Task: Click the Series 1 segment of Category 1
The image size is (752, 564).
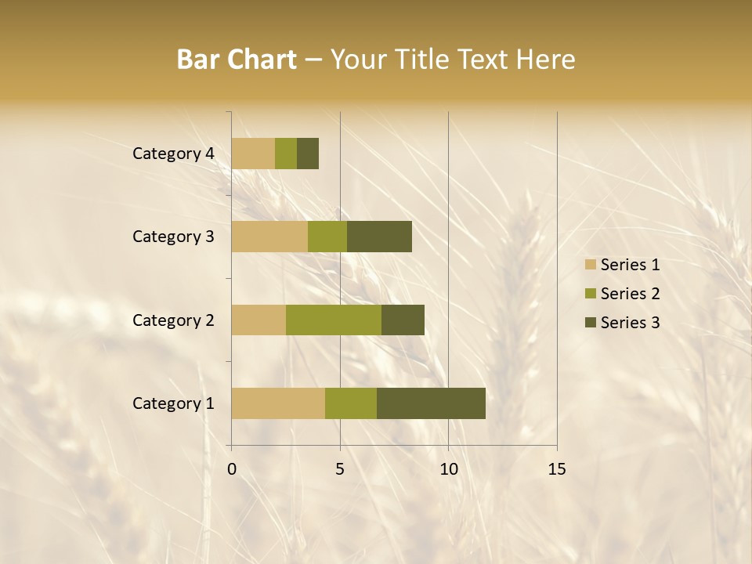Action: click(278, 403)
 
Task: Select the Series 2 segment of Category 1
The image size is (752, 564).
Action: click(351, 403)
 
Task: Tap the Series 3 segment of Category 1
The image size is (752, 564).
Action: click(431, 403)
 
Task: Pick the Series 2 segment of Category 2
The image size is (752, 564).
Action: click(334, 320)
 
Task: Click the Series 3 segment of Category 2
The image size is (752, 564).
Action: click(403, 320)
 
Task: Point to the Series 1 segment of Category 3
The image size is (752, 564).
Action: click(269, 237)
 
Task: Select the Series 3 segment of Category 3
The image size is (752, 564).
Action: click(379, 237)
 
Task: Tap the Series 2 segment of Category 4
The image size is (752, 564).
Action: click(286, 154)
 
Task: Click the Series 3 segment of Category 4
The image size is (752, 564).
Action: click(308, 154)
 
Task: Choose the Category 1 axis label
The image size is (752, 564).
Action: click(173, 403)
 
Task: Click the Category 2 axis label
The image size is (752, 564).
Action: click(173, 320)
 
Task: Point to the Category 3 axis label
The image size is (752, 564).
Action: click(173, 237)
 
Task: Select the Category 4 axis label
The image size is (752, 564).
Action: click(173, 154)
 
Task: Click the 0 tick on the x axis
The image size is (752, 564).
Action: click(232, 469)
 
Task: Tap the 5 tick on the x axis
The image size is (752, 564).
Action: click(340, 469)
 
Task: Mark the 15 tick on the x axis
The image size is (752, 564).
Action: click(556, 469)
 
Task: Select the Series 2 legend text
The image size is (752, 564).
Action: click(630, 294)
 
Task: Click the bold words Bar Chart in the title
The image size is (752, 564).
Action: click(237, 60)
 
